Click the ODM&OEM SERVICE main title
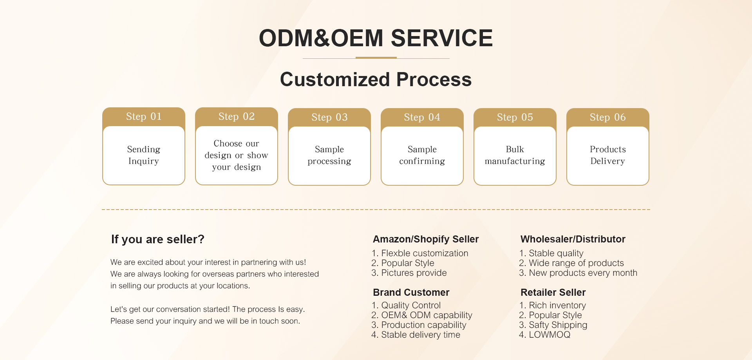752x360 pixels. tap(376, 38)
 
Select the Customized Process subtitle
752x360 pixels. tap(376, 80)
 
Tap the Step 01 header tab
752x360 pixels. tap(144, 117)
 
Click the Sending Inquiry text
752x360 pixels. tap(144, 155)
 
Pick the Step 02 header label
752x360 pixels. tap(237, 116)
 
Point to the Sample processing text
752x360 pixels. tap(329, 155)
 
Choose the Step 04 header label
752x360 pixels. tap(422, 117)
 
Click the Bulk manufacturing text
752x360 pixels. tap(515, 155)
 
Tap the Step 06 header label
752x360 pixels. tap(608, 117)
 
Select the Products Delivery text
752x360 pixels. tap(608, 155)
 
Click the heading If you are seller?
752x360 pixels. tap(158, 239)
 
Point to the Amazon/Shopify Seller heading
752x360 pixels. tap(426, 239)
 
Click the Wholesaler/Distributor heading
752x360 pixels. tap(573, 239)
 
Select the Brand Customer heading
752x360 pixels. tap(411, 293)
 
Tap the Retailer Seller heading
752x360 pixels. tap(553, 293)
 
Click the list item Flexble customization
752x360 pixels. tap(420, 253)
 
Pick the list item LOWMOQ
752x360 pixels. tap(545, 335)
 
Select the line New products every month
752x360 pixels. tap(578, 273)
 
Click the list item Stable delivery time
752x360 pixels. tap(416, 335)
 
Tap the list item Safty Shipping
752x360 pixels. tap(553, 325)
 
